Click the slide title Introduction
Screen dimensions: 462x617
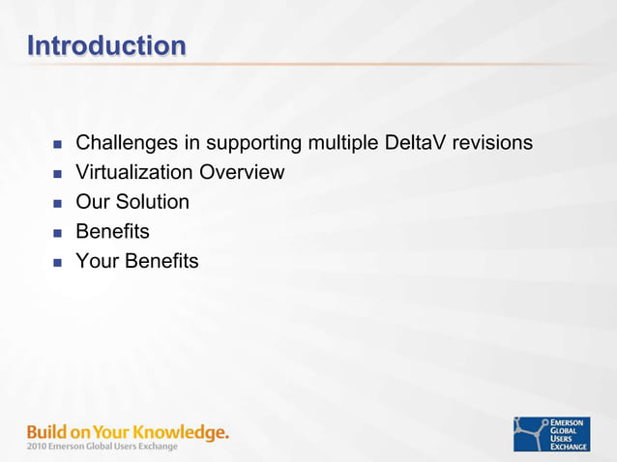click(x=106, y=45)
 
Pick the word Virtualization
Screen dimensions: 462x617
click(x=134, y=173)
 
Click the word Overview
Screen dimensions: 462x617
click(x=242, y=173)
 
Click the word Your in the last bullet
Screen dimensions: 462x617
click(x=97, y=261)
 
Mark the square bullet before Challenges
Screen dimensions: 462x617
click(x=56, y=145)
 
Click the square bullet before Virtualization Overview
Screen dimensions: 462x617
click(x=56, y=174)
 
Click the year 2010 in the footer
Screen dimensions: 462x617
click(x=37, y=447)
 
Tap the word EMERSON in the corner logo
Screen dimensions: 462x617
click(x=569, y=422)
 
